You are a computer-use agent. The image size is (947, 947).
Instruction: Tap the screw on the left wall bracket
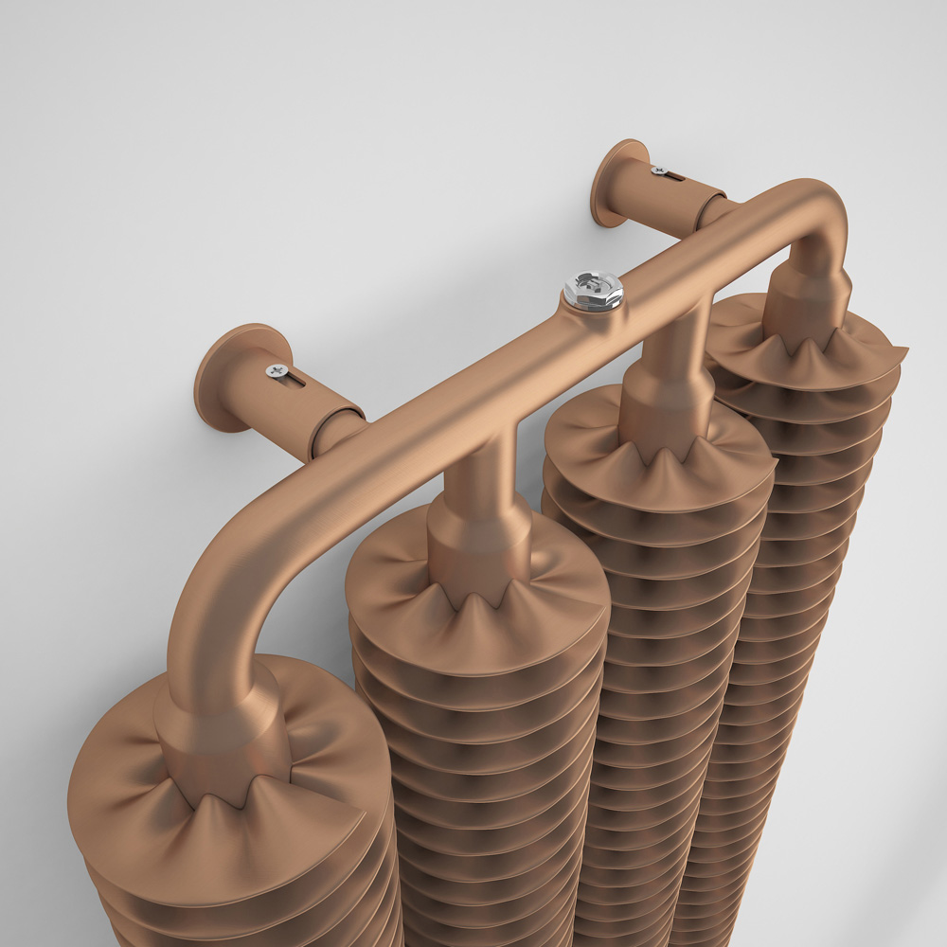pos(277,370)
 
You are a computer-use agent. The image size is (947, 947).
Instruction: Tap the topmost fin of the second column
pos(398,587)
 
